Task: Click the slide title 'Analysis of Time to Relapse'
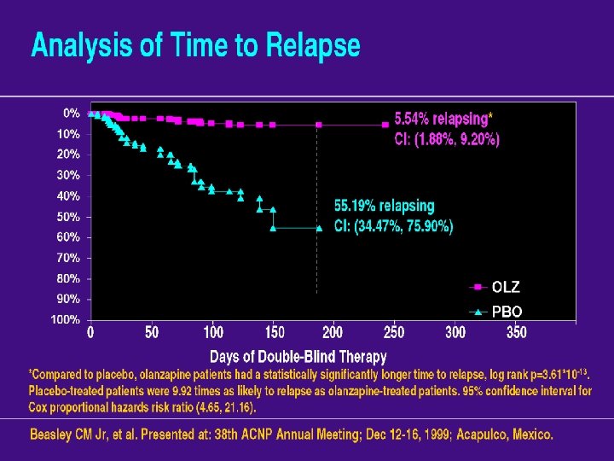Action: point(195,45)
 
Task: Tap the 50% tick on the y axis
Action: point(68,217)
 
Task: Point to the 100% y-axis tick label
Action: point(67,320)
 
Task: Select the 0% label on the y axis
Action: point(72,113)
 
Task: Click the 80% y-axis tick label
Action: point(68,278)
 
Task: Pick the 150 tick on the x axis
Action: point(275,332)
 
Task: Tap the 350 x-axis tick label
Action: point(516,332)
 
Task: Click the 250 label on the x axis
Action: point(395,332)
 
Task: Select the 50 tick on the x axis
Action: point(151,332)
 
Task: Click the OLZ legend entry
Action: point(505,287)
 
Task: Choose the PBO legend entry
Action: point(506,312)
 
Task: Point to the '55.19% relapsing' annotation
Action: point(384,206)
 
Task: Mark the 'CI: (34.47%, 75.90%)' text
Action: point(393,226)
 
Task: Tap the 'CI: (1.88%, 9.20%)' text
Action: point(447,138)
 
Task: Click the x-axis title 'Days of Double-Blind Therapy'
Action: point(298,357)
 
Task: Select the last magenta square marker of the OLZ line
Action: point(385,125)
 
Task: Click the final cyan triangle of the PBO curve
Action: point(318,228)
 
